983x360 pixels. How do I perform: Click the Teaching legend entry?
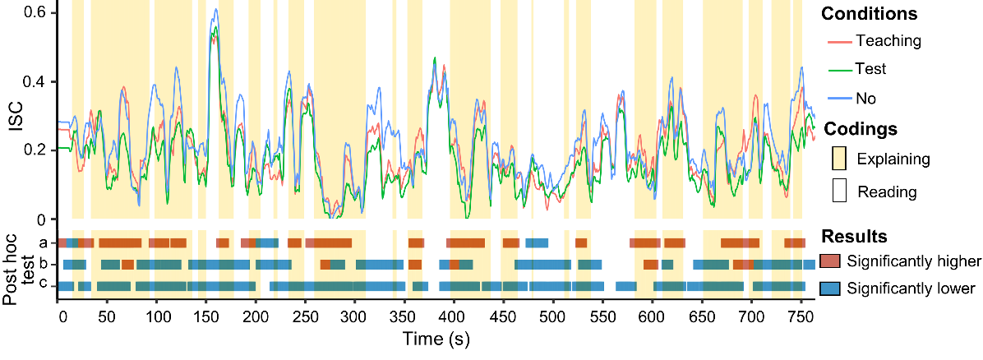pyautogui.click(x=888, y=40)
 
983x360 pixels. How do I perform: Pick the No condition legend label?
pyautogui.click(x=865, y=99)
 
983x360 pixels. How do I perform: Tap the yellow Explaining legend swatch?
pyautogui.click(x=839, y=159)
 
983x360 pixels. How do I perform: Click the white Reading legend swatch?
pyautogui.click(x=839, y=192)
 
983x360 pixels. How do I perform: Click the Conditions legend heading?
pyautogui.click(x=870, y=14)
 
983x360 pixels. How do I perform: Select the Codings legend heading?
pyautogui.click(x=860, y=129)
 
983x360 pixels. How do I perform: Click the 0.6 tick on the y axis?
pyautogui.click(x=36, y=13)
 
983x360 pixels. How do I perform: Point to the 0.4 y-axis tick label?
pyautogui.click(x=36, y=82)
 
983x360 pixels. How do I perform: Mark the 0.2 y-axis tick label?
pyautogui.click(x=36, y=150)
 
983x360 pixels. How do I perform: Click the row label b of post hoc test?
pyautogui.click(x=42, y=265)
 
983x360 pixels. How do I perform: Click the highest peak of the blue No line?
pyautogui.click(x=215, y=10)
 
